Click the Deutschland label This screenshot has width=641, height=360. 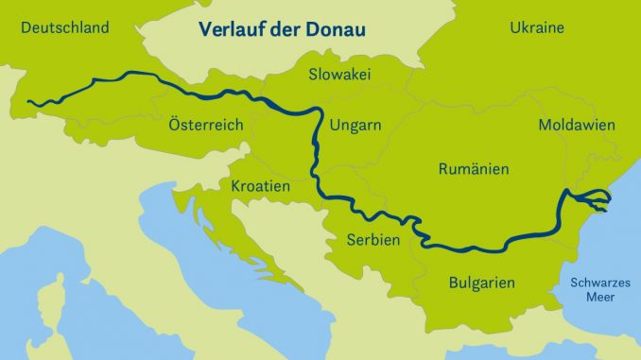(x=65, y=27)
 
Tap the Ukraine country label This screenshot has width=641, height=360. (x=537, y=27)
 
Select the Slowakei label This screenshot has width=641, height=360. (x=339, y=74)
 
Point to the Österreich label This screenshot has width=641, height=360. (x=205, y=125)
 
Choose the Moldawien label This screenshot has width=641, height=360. (x=577, y=125)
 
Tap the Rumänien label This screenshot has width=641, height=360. (x=474, y=169)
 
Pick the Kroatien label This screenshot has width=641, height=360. (x=260, y=187)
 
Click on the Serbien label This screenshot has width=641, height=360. (x=372, y=240)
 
